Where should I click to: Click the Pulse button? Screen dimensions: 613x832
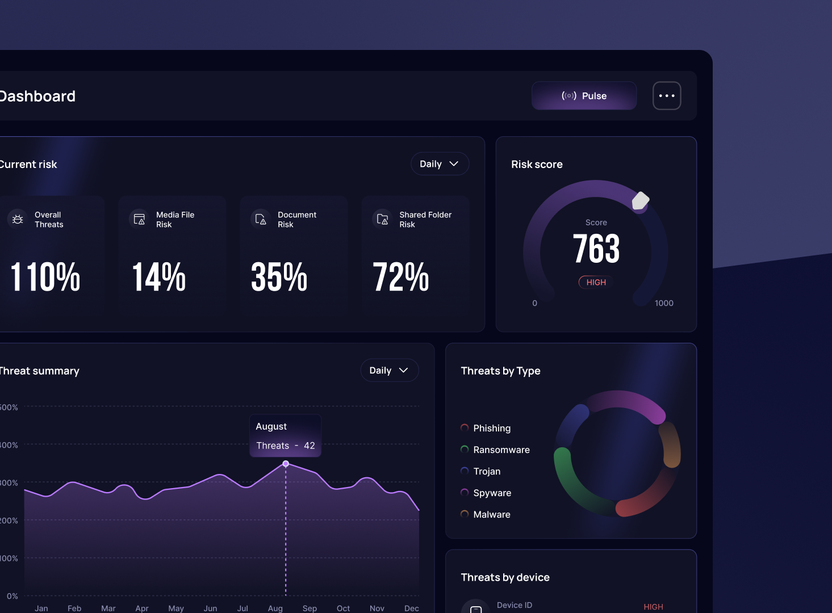pos(584,96)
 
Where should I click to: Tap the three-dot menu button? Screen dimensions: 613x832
pos(667,96)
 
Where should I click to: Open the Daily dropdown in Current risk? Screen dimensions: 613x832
pos(440,164)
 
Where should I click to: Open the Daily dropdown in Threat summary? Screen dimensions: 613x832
pos(389,371)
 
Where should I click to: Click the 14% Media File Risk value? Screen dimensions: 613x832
pos(159,277)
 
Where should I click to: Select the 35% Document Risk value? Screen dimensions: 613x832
pos(279,277)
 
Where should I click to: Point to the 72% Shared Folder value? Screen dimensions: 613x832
pos(401,277)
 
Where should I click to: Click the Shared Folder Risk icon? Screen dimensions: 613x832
pos(382,219)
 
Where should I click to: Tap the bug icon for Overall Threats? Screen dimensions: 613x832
pos(18,219)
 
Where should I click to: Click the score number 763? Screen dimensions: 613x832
pos(596,249)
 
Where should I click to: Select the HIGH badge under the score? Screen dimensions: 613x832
pos(596,282)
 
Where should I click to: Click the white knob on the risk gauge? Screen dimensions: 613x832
pos(641,200)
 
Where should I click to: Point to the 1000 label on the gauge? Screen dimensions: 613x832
pos(663,303)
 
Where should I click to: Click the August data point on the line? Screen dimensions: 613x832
pos(286,464)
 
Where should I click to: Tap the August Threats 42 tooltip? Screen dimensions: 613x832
pos(285,436)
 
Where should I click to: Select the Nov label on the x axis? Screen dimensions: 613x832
pos(377,608)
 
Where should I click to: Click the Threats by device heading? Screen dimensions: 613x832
pos(505,577)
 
